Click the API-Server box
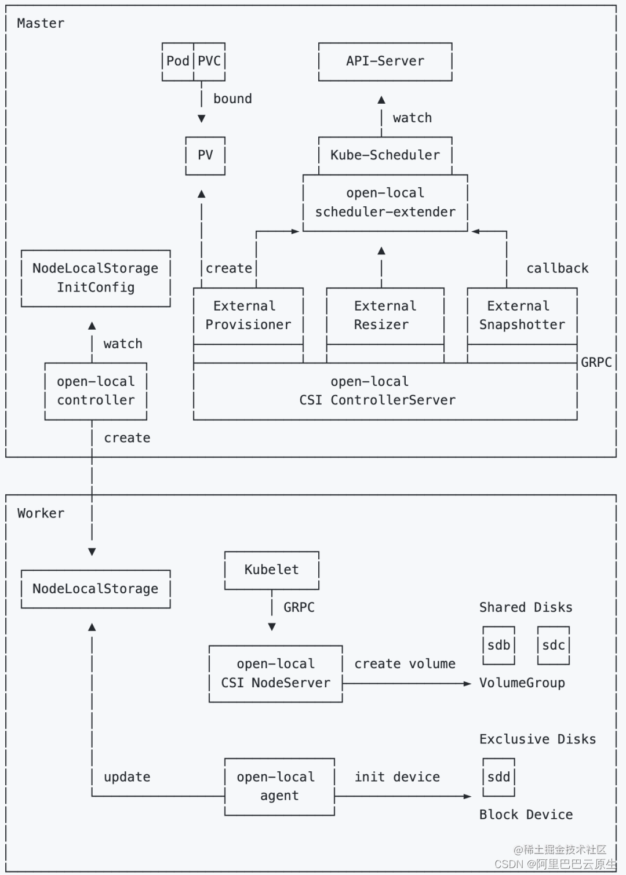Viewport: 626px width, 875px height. coord(385,61)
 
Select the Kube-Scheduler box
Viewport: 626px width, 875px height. coord(385,155)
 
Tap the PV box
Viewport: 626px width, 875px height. coord(205,155)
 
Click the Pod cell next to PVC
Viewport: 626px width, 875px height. coord(177,61)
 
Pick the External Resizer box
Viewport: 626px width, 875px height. coord(385,316)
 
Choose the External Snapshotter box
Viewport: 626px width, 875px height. coord(522,316)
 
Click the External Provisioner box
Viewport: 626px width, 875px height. coord(248,316)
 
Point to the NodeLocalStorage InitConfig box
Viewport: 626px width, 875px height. coord(96,278)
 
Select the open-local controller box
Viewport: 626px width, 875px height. coord(96,391)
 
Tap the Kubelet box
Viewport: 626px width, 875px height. coord(271,570)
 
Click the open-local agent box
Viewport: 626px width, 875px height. coord(279,786)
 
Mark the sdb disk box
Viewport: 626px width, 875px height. coord(498,646)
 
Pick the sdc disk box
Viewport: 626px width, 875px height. coord(553,646)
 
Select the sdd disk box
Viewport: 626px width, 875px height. coord(498,777)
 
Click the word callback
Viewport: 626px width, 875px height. coord(557,268)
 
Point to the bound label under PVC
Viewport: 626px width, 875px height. coord(232,99)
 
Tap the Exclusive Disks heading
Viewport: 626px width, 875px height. coord(537,739)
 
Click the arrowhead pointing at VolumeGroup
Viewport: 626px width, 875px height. coord(468,684)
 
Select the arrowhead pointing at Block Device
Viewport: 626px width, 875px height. coord(468,796)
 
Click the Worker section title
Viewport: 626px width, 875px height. coord(41,513)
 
